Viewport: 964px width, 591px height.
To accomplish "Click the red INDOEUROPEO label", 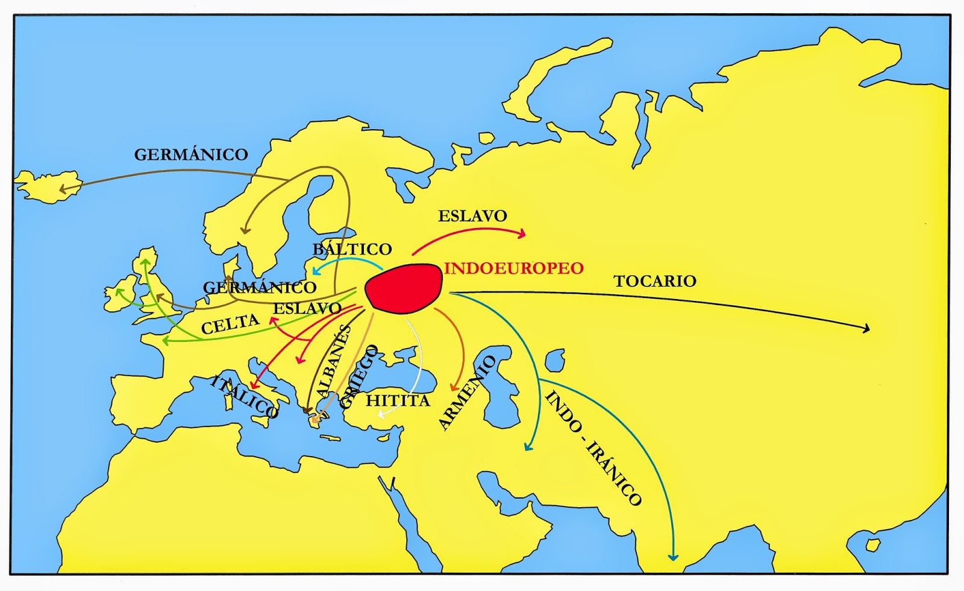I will pos(514,268).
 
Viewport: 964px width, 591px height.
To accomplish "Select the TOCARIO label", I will pos(655,281).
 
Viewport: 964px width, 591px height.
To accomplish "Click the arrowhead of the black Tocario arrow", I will pos(868,329).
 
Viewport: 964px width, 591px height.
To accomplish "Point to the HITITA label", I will pos(398,400).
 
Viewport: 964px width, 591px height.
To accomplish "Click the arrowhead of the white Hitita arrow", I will pos(381,414).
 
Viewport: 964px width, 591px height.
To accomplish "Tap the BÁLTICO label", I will pos(352,248).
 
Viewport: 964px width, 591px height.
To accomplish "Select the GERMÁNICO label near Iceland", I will pos(191,154).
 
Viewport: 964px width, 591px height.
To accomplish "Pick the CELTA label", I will pos(230,324).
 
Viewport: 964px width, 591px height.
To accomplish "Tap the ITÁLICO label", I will pos(243,397).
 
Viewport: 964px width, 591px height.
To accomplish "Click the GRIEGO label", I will pos(359,377).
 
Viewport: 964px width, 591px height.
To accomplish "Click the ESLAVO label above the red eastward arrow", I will pos(472,216).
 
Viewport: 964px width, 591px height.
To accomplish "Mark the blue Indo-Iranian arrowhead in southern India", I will pos(673,557).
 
